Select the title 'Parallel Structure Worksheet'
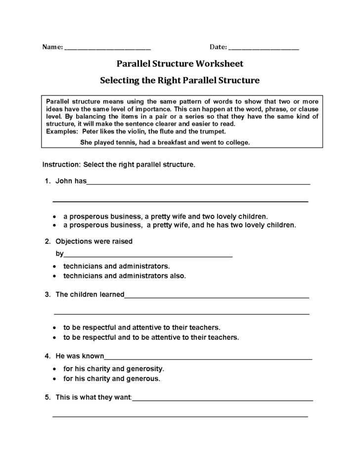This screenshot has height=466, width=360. [180, 64]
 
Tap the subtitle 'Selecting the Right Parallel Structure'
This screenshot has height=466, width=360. [180, 80]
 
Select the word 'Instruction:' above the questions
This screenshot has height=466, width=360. [62, 164]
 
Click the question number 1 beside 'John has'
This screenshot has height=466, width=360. [47, 181]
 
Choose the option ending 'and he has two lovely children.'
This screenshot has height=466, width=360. [180, 225]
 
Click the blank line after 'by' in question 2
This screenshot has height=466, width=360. [148, 255]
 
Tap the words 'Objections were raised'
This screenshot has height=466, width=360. [94, 241]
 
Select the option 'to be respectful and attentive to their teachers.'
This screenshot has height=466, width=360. [141, 327]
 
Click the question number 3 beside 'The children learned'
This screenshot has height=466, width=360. [47, 294]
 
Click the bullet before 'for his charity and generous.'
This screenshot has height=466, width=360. [54, 379]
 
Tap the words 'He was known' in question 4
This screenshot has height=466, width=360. [80, 356]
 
